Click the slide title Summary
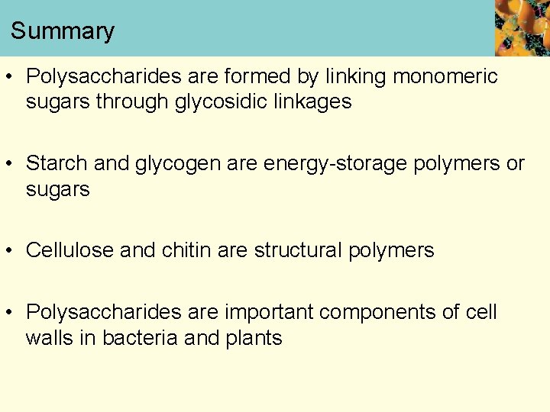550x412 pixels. [x=63, y=31]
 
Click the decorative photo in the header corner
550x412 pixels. [x=522, y=27]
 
